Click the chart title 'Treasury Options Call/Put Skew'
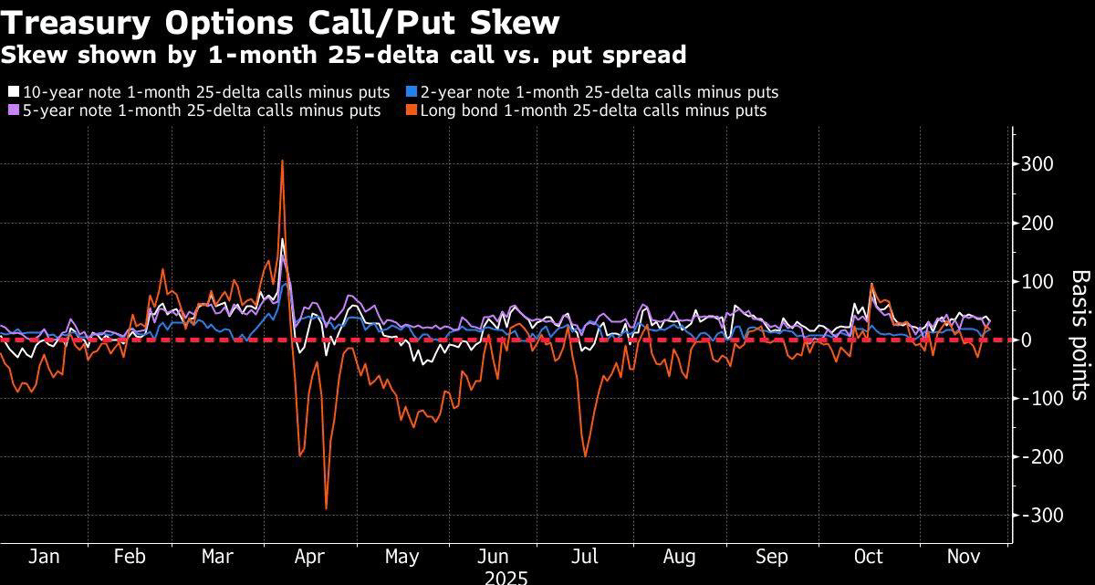tap(280, 22)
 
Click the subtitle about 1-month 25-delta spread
tap(343, 55)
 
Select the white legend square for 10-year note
tap(13, 92)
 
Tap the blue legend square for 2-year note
tap(411, 92)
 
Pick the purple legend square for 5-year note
tap(13, 110)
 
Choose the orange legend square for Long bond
tap(411, 110)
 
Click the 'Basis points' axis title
tap(1079, 334)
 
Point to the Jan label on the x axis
tap(43, 557)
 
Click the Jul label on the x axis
tap(584, 557)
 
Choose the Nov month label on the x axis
tap(962, 557)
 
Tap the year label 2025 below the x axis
tap(506, 577)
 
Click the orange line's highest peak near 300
tap(282, 162)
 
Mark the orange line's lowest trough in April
tap(326, 508)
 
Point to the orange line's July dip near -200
tap(584, 455)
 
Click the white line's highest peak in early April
tap(283, 240)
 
